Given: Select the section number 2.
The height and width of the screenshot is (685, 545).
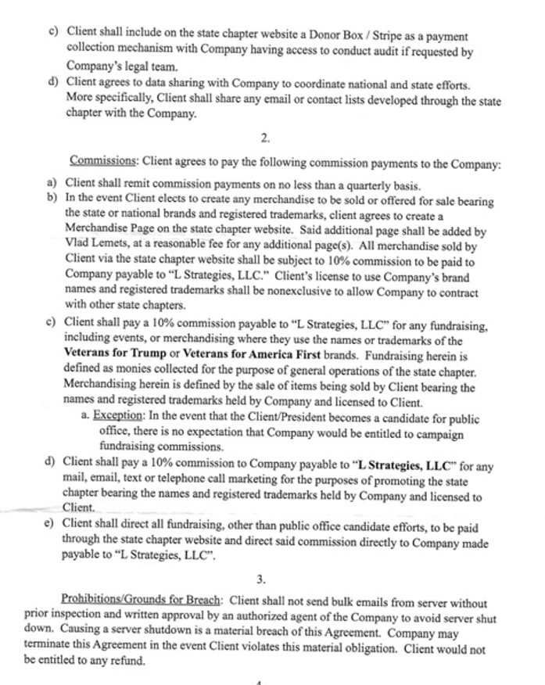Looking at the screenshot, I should [265, 138].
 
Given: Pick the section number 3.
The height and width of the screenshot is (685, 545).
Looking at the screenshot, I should [260, 579].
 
